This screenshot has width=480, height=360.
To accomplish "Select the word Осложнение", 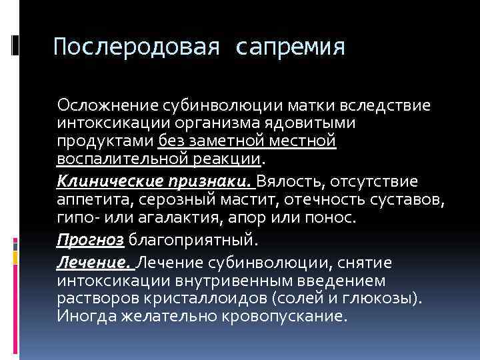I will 105,105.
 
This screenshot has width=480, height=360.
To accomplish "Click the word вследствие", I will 385,105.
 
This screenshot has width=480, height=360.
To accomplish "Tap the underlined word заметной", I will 232,141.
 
